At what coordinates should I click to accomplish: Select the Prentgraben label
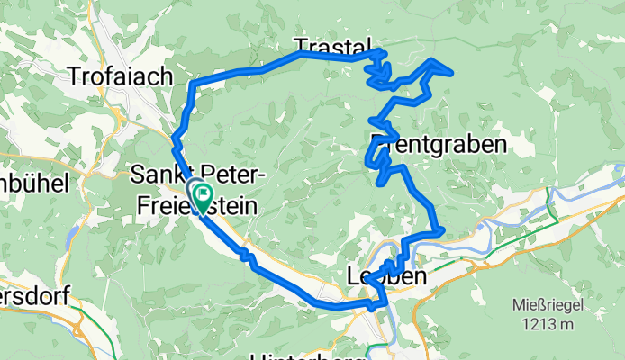click(x=438, y=142)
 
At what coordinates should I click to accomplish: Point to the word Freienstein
click(x=195, y=206)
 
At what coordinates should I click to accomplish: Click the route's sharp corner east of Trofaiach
click(x=193, y=84)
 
